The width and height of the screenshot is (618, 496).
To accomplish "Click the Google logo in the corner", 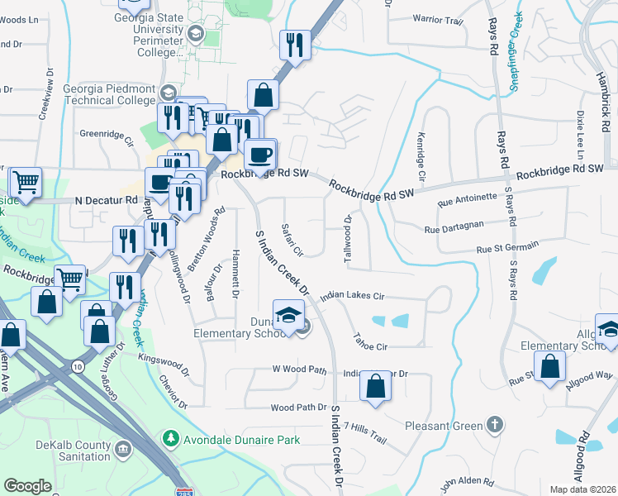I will click(x=27, y=486).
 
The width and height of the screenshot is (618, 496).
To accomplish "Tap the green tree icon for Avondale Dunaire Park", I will click(x=170, y=436).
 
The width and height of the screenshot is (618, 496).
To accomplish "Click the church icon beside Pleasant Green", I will click(x=494, y=426).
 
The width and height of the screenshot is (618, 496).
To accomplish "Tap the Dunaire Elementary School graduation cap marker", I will click(x=289, y=317).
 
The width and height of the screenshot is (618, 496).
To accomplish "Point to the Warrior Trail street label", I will click(x=438, y=18).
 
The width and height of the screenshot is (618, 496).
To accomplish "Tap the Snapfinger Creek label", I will click(x=511, y=50).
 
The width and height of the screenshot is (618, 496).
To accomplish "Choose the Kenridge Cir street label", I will click(x=421, y=157).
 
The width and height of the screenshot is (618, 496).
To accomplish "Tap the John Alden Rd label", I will click(x=467, y=481).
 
